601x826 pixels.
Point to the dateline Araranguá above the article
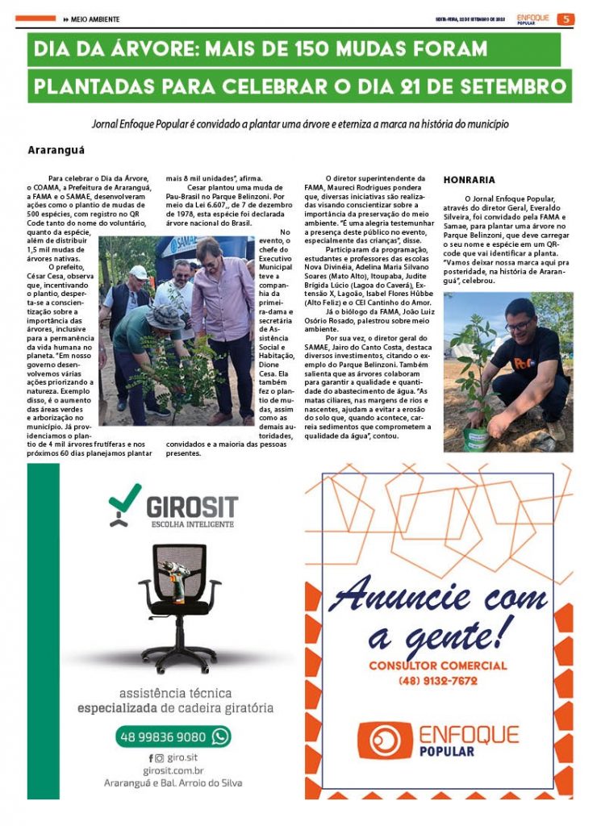coord(56,150)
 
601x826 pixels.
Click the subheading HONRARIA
coord(470,180)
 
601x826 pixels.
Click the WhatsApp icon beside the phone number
coord(219,736)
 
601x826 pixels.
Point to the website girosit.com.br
coord(173,771)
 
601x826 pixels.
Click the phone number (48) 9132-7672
coord(438,681)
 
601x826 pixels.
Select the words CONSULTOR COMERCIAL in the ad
coord(438,665)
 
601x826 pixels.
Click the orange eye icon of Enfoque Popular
coord(385,740)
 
